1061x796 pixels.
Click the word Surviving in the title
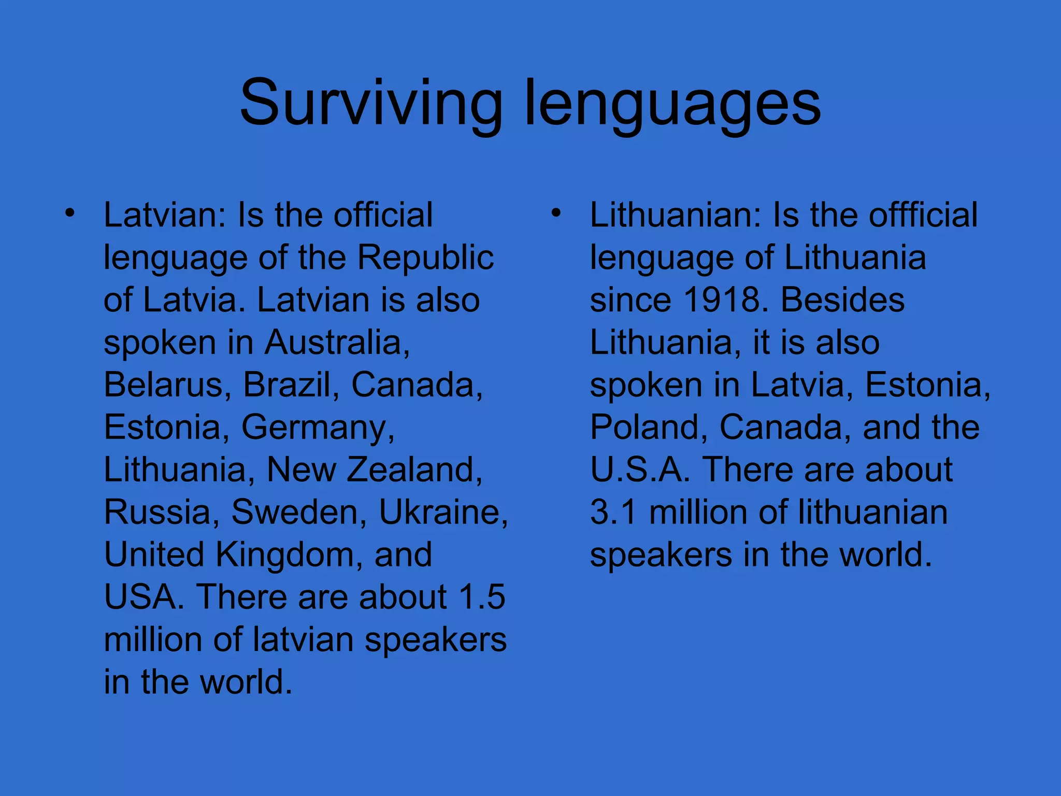click(x=370, y=103)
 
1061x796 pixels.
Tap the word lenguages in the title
click(x=672, y=103)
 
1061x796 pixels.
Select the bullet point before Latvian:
click(x=70, y=213)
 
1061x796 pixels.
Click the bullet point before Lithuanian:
click(x=556, y=213)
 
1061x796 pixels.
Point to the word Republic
click(x=425, y=258)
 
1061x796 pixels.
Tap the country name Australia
click(x=337, y=343)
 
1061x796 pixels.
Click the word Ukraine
click(x=443, y=513)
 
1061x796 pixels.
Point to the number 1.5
click(x=482, y=597)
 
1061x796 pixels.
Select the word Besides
click(x=842, y=300)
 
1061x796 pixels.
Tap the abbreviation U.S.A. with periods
click(x=640, y=470)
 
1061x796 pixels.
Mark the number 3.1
click(x=613, y=513)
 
